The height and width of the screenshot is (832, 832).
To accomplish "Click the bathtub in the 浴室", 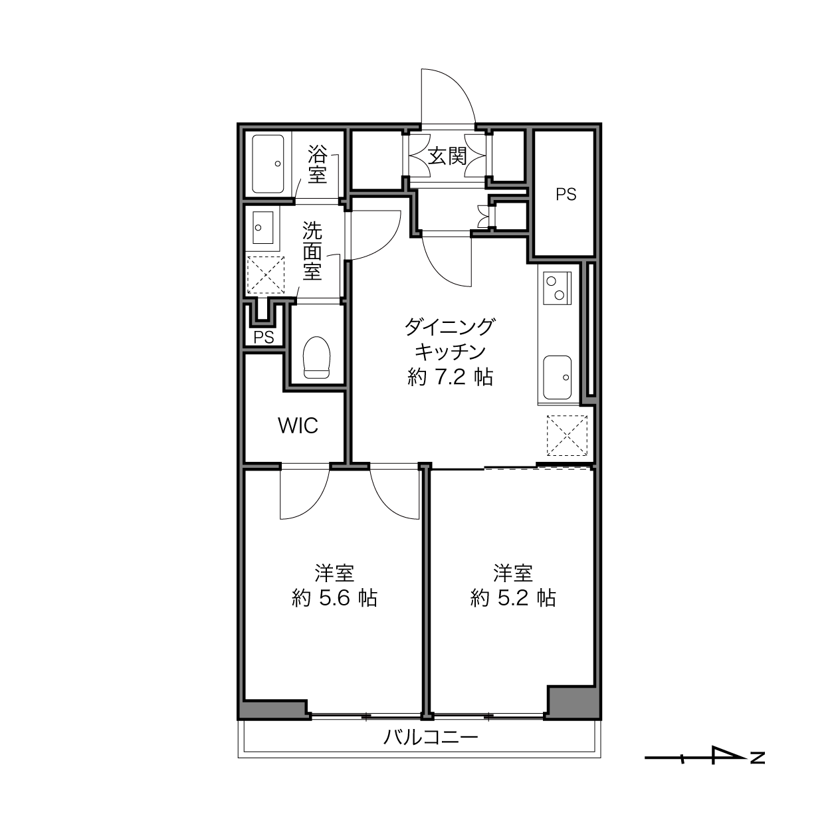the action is click(x=268, y=163).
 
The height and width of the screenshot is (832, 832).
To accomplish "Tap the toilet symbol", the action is click(x=316, y=357).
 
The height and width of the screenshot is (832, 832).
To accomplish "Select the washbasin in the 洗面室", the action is click(x=262, y=227).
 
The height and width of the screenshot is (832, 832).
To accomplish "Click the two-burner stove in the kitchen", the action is click(x=556, y=288).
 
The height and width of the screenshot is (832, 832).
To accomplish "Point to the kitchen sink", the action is click(x=557, y=377).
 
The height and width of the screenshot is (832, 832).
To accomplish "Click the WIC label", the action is click(x=298, y=426).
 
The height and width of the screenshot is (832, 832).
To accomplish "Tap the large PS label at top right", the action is click(x=566, y=194).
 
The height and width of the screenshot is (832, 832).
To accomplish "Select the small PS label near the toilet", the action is click(x=263, y=337).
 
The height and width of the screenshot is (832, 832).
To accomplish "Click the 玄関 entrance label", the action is click(x=447, y=156).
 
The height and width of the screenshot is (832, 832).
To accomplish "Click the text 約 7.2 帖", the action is click(x=450, y=378).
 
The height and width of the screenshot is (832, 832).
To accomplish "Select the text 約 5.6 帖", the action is click(x=334, y=598).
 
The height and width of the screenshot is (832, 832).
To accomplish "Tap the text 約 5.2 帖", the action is click(x=513, y=598).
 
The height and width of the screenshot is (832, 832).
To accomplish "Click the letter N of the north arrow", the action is click(x=758, y=758).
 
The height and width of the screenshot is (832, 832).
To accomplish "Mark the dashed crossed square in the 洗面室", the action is click(x=266, y=275).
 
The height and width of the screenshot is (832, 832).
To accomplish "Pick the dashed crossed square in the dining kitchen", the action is click(x=567, y=435).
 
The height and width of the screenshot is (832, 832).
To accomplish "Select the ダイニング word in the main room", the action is click(x=449, y=327).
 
